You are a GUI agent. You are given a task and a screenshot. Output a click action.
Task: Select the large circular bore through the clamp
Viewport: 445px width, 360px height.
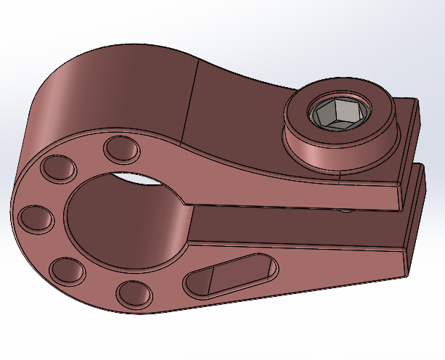[127, 218]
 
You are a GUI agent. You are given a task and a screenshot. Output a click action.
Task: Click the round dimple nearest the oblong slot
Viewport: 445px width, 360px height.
[134, 292]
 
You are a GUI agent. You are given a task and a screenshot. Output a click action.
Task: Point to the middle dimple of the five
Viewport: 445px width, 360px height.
[33, 218]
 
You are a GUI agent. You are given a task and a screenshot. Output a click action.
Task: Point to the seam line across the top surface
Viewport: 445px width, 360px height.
[191, 102]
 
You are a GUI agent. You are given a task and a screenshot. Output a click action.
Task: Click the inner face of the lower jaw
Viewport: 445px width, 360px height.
[290, 225]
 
